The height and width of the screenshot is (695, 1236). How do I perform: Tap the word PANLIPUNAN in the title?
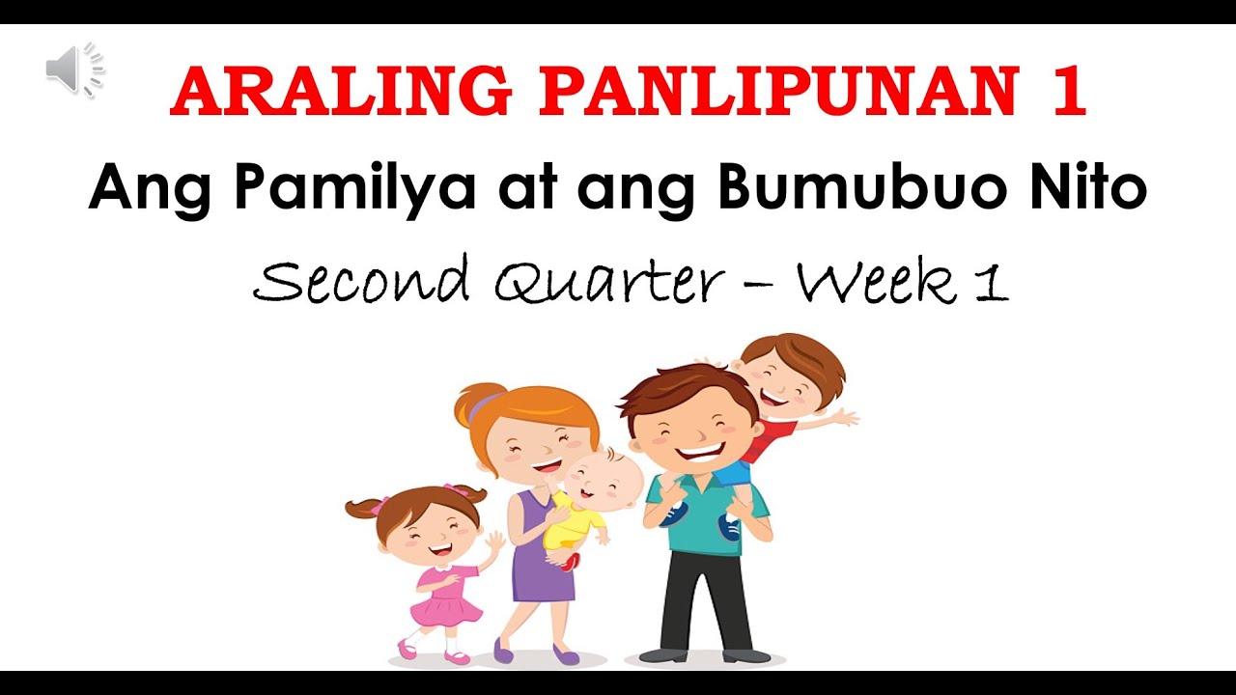pyautogui.click(x=778, y=94)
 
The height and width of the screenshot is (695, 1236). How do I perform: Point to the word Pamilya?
pyautogui.click(x=354, y=189)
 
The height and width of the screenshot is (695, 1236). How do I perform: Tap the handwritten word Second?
pyautogui.click(x=361, y=283)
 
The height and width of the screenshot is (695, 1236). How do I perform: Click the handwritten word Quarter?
pyautogui.click(x=608, y=283)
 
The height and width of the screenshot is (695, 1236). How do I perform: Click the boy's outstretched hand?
pyautogui.click(x=844, y=418)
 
